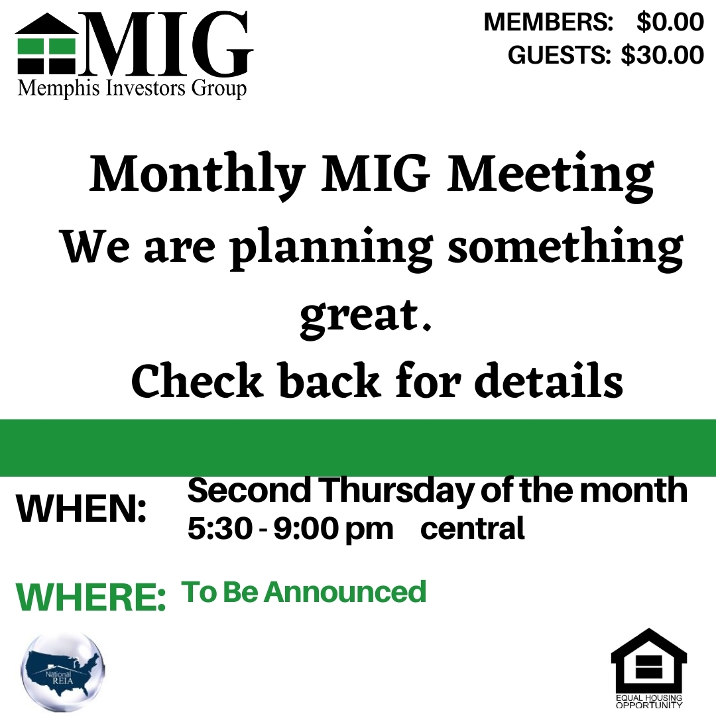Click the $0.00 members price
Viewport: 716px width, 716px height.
[670, 22]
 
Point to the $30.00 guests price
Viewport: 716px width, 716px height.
[662, 55]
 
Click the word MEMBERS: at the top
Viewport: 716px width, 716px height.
[548, 22]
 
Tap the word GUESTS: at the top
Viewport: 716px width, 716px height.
[559, 55]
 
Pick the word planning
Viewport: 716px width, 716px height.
[331, 249]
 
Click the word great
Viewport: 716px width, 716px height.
[365, 314]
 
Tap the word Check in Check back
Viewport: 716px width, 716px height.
[197, 379]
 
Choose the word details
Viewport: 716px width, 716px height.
[552, 379]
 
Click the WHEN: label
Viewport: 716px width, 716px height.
[82, 509]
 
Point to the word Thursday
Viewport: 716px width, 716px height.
[397, 491]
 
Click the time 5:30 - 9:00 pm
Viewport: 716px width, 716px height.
[290, 529]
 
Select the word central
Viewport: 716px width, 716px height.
[473, 529]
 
